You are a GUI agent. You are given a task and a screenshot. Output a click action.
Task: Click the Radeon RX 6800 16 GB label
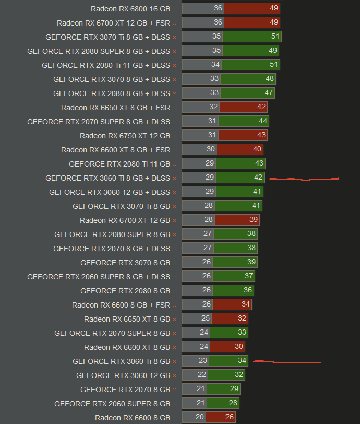click(x=130, y=9)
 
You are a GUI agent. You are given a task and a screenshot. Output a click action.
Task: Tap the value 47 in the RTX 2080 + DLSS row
click(x=269, y=93)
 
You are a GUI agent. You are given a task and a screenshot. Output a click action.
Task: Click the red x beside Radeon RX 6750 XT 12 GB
click(x=174, y=136)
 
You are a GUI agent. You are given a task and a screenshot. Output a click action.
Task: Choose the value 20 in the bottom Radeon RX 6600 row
click(x=200, y=417)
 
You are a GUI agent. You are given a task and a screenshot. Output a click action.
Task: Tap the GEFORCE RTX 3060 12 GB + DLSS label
click(x=110, y=192)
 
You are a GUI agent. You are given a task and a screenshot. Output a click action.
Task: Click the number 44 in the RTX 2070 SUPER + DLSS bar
click(x=263, y=121)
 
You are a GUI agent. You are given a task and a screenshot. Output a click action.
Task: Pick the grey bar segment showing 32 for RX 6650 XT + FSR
click(x=200, y=107)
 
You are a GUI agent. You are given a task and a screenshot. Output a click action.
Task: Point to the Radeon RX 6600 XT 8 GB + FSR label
click(x=115, y=150)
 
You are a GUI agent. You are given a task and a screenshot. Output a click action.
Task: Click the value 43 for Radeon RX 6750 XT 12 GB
click(x=261, y=135)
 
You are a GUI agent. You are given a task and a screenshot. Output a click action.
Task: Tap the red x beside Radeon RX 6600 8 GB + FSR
click(x=174, y=305)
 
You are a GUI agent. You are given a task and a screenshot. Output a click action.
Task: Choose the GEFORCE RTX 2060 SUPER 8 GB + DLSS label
click(x=99, y=277)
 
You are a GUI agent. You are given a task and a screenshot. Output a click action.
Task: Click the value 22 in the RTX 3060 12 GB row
click(x=202, y=375)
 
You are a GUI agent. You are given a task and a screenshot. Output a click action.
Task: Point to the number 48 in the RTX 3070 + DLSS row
click(x=270, y=79)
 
